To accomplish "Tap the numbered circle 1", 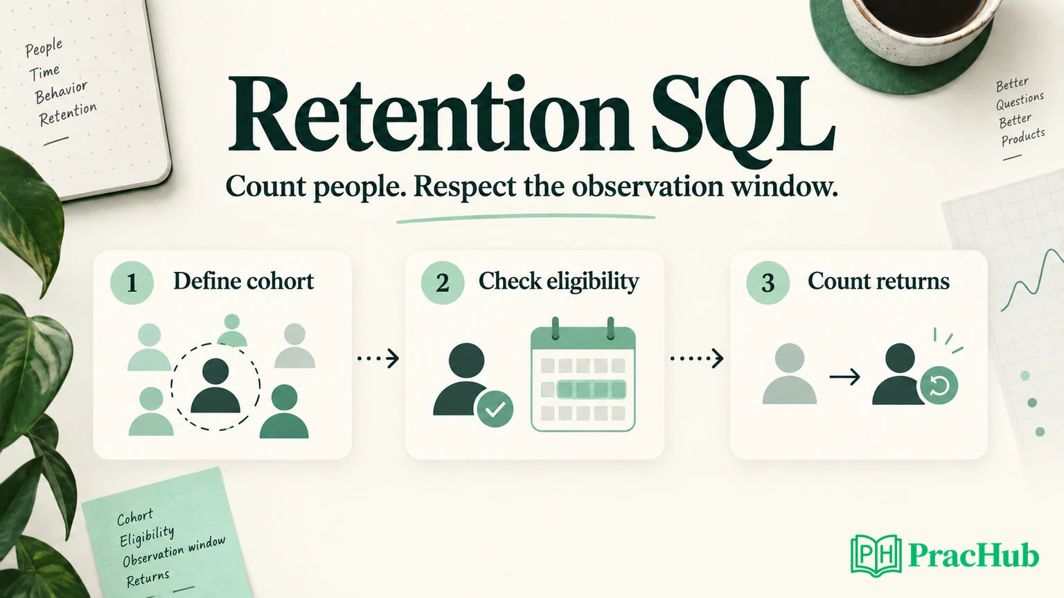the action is click(132, 283).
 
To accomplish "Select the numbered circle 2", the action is click(443, 283).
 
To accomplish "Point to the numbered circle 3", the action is click(768, 283).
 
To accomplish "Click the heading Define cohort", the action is click(244, 281).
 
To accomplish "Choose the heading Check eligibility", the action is click(558, 282).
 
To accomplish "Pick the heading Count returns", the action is click(879, 281).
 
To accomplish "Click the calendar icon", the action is click(583, 374).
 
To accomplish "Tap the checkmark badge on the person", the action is click(495, 409).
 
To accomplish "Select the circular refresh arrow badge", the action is click(939, 386).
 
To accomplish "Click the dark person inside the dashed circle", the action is click(215, 386).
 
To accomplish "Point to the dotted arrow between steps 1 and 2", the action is click(378, 359).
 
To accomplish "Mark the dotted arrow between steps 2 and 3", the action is click(697, 359).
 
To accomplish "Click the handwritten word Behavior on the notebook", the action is click(61, 92).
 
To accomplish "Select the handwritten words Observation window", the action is click(174, 552).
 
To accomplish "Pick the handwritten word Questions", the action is click(1020, 100).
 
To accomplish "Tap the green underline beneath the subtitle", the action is click(526, 218).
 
